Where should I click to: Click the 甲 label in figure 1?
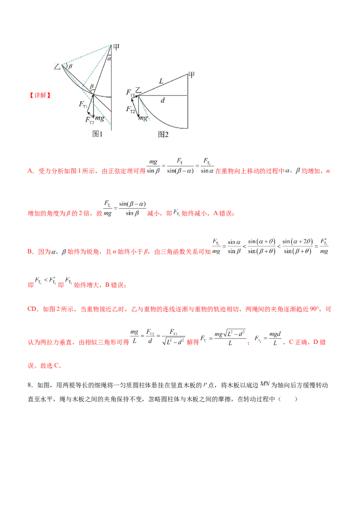point(116,46)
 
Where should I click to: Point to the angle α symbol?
point(109,58)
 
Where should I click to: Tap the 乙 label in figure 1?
point(57,67)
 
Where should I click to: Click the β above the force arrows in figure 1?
point(91,86)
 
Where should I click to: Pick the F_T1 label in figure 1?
point(83,104)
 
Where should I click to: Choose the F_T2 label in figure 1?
point(90,120)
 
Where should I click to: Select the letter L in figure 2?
point(161,81)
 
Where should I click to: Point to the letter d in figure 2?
point(162,101)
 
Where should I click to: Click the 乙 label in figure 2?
point(139,91)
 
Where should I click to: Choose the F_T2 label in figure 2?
point(130,109)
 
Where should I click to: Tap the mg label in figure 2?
point(143,118)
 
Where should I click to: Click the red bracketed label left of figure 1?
point(40,95)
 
